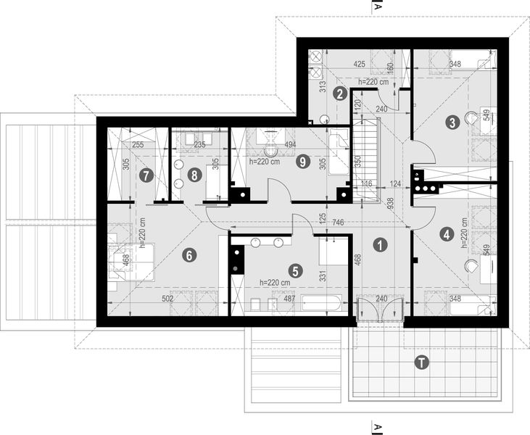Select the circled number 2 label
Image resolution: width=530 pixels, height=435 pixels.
[x=339, y=93]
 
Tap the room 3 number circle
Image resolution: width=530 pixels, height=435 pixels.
[x=452, y=123]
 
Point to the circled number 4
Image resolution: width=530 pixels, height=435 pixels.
[x=446, y=233]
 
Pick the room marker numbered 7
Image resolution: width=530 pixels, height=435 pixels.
[x=146, y=175]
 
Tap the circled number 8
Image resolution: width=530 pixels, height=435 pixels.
[x=194, y=175]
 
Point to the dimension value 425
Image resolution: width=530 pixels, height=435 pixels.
[x=358, y=64]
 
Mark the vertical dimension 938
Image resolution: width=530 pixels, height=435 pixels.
[x=390, y=203]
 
